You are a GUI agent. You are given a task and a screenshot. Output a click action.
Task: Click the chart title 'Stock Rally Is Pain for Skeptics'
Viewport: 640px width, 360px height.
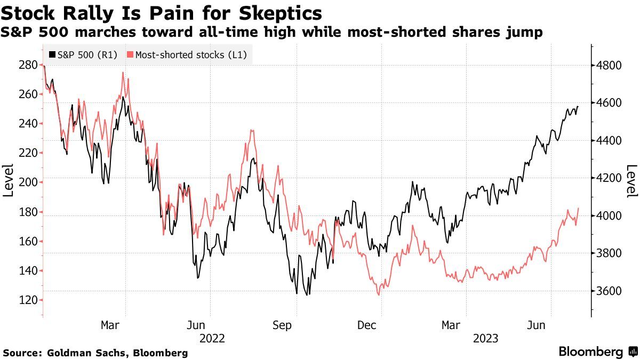[162, 12]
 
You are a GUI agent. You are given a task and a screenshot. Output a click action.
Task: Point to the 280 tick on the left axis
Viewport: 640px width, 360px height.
[28, 65]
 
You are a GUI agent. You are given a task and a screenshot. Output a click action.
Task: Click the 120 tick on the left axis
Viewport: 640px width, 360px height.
[28, 300]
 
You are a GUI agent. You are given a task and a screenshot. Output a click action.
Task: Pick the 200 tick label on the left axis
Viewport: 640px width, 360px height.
[28, 182]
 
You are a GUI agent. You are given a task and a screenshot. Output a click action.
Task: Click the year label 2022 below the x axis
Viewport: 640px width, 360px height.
[212, 339]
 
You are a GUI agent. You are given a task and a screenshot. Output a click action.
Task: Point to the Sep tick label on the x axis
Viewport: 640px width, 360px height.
[283, 325]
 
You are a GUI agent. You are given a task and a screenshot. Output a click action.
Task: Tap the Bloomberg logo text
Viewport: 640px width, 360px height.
[590, 352]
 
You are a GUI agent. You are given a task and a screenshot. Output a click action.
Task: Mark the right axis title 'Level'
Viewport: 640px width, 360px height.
[631, 180]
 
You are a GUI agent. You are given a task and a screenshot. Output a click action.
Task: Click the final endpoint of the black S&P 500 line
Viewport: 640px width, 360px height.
[578, 107]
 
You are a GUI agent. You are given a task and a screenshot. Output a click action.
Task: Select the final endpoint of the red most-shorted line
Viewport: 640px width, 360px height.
[578, 209]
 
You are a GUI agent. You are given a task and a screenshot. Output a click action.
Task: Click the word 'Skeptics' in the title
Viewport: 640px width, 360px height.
[289, 12]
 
